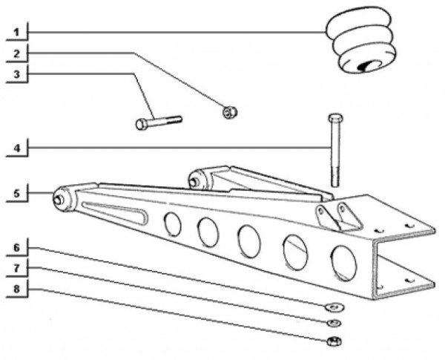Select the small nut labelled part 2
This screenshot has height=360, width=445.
click(x=230, y=112)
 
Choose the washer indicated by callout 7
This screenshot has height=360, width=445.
click(x=333, y=323)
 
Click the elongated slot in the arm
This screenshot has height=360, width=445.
click(x=111, y=212)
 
